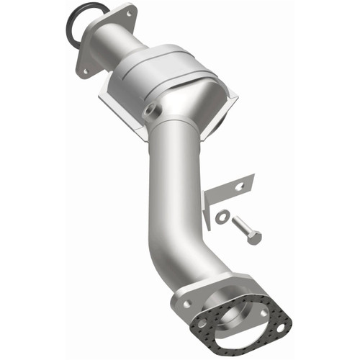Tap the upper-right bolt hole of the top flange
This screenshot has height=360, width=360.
(x=130, y=13)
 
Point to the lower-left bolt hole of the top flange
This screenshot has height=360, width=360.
(x=84, y=71)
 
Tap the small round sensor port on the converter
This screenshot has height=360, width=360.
(x=151, y=111)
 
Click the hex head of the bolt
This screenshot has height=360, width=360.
(x=253, y=237)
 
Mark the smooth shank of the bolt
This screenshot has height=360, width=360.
(x=240, y=226)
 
